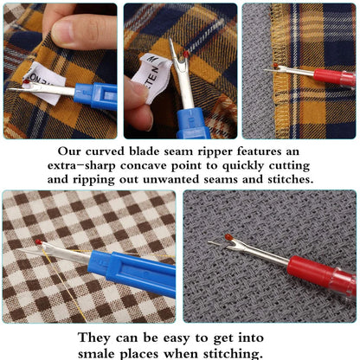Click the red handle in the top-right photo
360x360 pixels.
coord(333,77)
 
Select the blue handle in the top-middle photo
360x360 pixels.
coord(193,121)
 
